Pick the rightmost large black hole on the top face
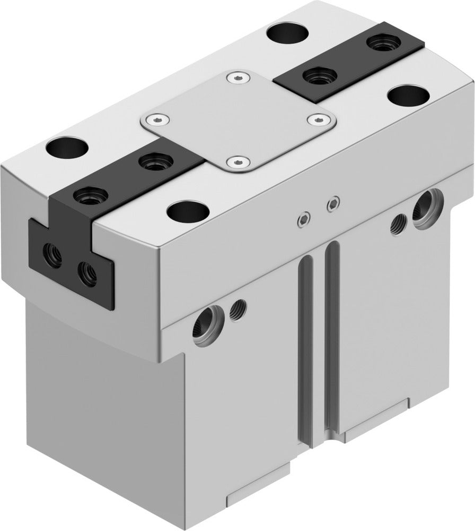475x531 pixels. click(408, 96)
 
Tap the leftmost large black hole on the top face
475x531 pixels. click(66, 147)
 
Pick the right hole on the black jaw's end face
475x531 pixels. click(87, 273)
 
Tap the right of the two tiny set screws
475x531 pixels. click(333, 203)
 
